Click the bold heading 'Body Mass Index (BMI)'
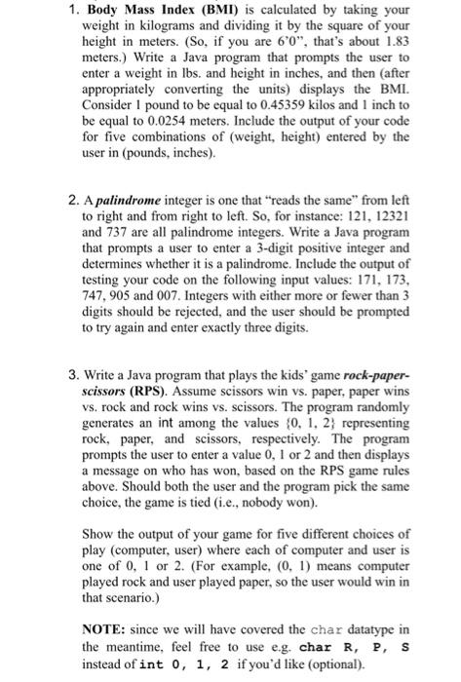(x=143, y=12)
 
